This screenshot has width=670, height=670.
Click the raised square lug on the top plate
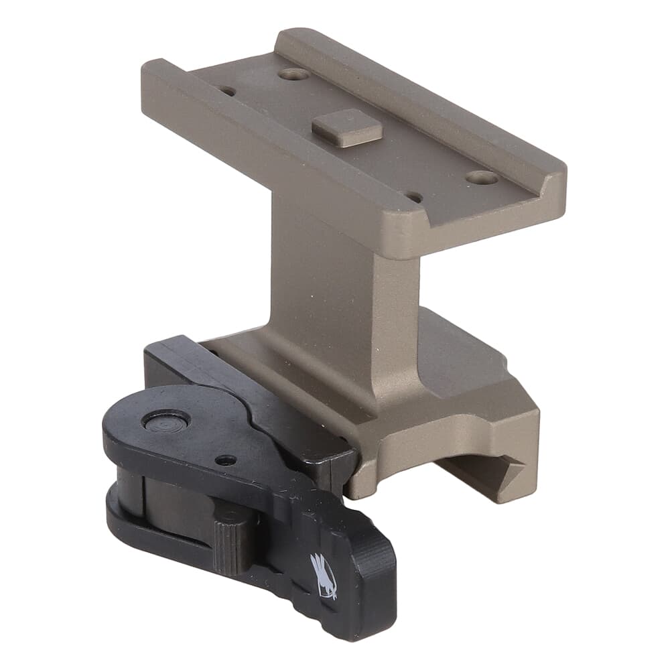click(347, 127)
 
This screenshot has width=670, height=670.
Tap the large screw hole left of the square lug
click(293, 74)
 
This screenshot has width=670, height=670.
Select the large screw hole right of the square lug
click(482, 178)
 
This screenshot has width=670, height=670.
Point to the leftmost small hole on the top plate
click(228, 90)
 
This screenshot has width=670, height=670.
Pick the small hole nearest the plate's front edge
click(415, 198)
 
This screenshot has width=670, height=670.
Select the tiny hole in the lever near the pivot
click(226, 460)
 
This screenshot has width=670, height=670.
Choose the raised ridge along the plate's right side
click(429, 100)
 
